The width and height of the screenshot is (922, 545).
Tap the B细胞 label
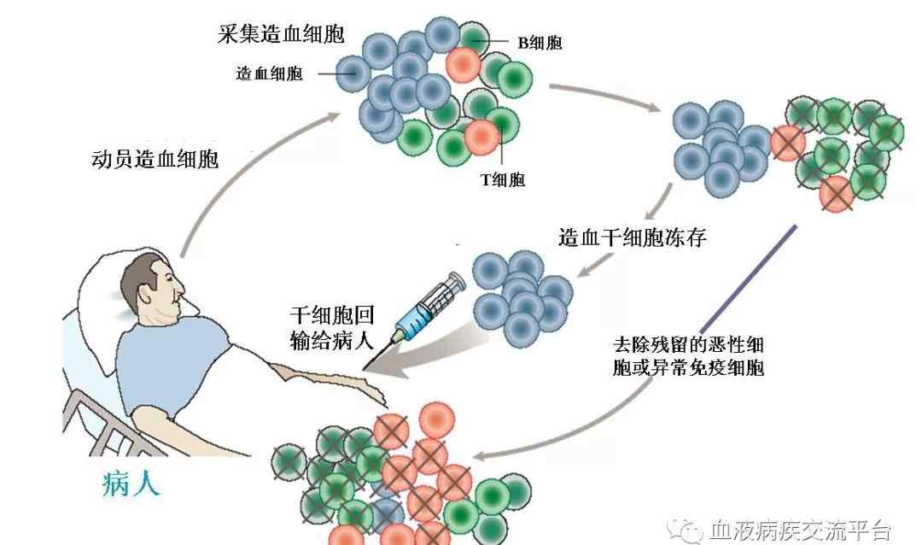[x=540, y=42]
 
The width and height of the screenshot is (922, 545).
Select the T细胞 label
[x=504, y=179]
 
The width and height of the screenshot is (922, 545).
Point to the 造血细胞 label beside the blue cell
[x=269, y=73]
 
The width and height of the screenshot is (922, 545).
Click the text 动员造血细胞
[x=155, y=160]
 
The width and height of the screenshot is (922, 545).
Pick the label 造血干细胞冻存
[x=633, y=237]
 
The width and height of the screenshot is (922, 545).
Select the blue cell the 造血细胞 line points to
[x=352, y=73]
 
